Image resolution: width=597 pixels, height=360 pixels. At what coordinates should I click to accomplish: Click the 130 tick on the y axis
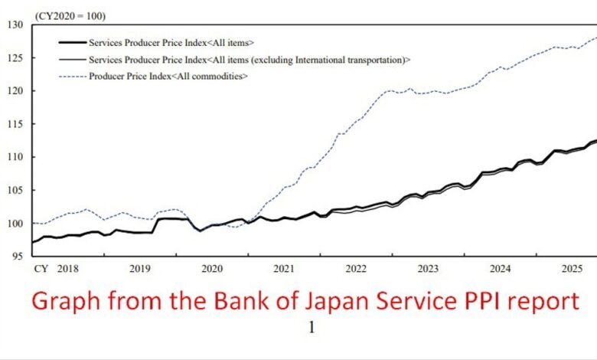click(x=17, y=25)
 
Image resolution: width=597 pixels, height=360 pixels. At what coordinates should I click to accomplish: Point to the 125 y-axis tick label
click(x=17, y=58)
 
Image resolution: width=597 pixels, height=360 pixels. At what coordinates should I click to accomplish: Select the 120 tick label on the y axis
click(x=17, y=91)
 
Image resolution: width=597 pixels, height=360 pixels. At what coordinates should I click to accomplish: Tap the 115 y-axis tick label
click(x=17, y=124)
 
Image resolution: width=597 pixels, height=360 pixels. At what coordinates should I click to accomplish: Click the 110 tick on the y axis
click(x=17, y=157)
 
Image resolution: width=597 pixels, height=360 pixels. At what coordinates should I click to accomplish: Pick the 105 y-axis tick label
click(x=17, y=190)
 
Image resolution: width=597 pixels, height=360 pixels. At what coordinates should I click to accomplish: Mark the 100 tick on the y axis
click(x=17, y=223)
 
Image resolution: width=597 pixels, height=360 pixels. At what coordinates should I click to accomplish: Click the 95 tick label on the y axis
click(x=19, y=256)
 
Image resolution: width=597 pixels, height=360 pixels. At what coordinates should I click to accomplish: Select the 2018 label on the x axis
click(x=68, y=269)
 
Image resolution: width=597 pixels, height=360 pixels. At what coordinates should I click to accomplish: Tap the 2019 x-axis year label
click(x=140, y=269)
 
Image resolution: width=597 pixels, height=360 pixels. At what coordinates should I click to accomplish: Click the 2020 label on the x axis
click(x=212, y=269)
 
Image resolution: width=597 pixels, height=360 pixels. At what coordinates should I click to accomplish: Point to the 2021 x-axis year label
click(x=284, y=269)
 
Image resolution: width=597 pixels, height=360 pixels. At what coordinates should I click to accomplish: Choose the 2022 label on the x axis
click(x=356, y=269)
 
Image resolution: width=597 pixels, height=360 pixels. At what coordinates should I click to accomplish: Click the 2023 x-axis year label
click(x=428, y=269)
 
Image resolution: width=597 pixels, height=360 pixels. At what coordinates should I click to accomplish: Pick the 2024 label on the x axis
click(x=500, y=269)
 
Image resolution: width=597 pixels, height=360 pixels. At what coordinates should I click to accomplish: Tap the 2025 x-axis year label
click(x=572, y=269)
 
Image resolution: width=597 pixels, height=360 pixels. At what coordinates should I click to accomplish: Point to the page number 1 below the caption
click(x=312, y=327)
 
